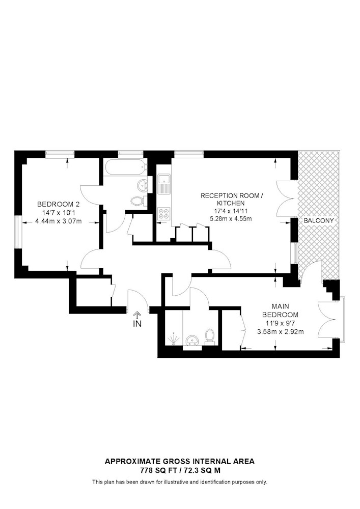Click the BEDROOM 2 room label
tap(59, 204)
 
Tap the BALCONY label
tap(319, 221)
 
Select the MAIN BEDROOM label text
tap(280, 310)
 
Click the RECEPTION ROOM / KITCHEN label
tap(231, 200)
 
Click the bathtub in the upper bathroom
tap(125, 167)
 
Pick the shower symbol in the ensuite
tap(174, 339)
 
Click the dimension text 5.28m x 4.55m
tap(231, 219)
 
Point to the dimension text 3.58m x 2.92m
tap(280, 332)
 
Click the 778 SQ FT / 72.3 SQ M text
tap(180, 470)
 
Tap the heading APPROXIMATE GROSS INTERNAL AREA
tap(180, 461)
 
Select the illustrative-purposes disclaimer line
tap(180, 482)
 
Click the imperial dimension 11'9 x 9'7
tap(280, 323)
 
